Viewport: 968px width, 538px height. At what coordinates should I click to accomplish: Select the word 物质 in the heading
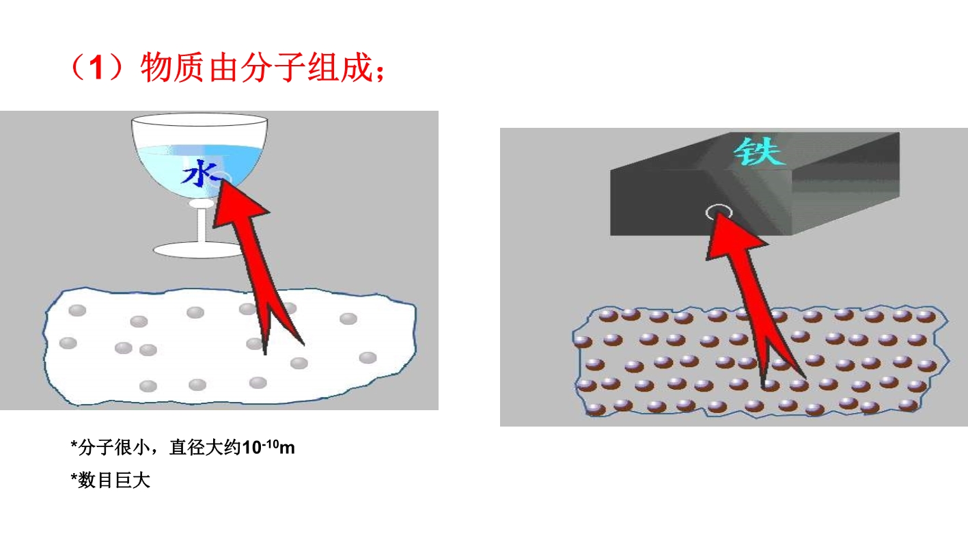172,68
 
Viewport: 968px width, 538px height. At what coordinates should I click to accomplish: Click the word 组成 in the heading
340,68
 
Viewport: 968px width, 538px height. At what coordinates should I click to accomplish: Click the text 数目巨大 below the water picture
113,481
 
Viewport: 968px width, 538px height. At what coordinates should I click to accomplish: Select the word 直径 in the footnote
187,448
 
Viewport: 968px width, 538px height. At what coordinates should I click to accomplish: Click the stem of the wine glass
202,225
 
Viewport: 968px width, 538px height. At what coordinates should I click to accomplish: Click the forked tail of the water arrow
280,324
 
